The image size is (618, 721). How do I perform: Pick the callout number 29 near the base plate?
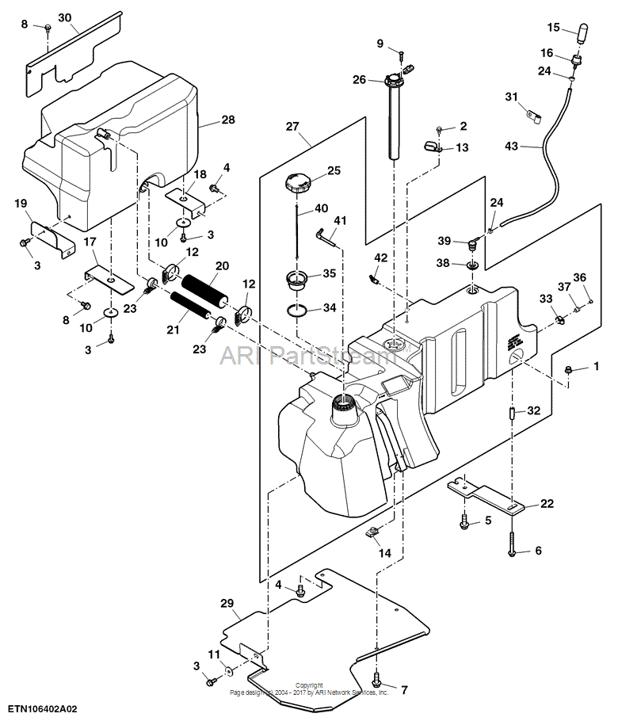(x=227, y=604)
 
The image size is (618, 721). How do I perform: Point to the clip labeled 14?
(x=373, y=532)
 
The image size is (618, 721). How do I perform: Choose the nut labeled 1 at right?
(x=569, y=369)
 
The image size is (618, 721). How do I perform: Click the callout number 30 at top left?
(x=64, y=17)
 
